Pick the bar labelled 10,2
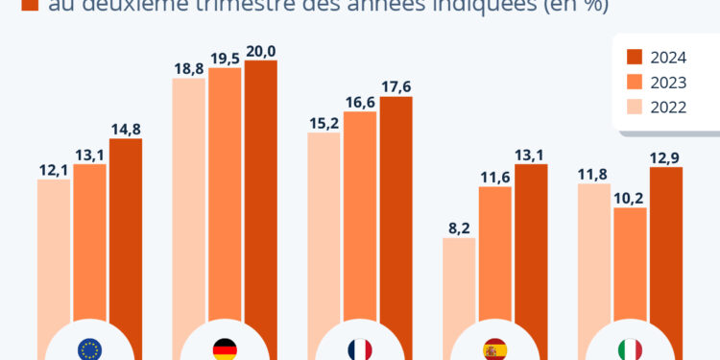pos(630,269)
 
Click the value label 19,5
pos(225,59)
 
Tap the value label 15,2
pos(324,123)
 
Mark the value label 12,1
pos(54,169)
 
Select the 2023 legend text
pos(667,82)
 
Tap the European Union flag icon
pos(89,348)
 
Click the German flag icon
pos(225,348)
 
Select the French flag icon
pos(360,348)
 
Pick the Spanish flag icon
pos(495,348)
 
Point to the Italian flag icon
pos(631,348)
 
